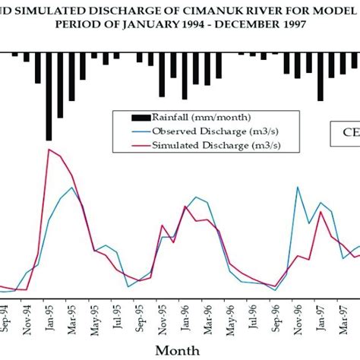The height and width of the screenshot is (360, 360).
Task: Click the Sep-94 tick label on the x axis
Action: (6, 315)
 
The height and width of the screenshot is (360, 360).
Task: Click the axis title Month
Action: (178, 349)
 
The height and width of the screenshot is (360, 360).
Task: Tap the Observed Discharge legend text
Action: (201, 131)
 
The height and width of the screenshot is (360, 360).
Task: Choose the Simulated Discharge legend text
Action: (201, 144)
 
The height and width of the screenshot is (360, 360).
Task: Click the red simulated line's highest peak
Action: (49, 150)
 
